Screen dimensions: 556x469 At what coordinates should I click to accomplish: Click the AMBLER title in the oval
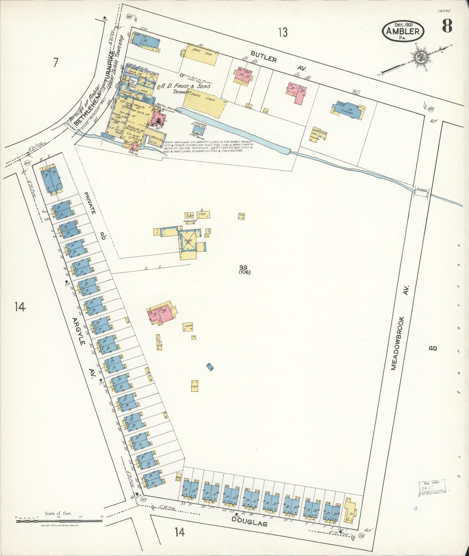[x=403, y=31]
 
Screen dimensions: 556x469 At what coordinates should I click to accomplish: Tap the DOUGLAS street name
[x=249, y=521]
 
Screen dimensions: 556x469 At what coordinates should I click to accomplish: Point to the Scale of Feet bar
[x=59, y=521]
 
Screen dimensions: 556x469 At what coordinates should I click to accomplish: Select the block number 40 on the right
[x=432, y=349]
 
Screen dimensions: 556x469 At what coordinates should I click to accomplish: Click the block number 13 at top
[x=283, y=32]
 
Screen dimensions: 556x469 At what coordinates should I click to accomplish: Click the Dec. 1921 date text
[x=403, y=24]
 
